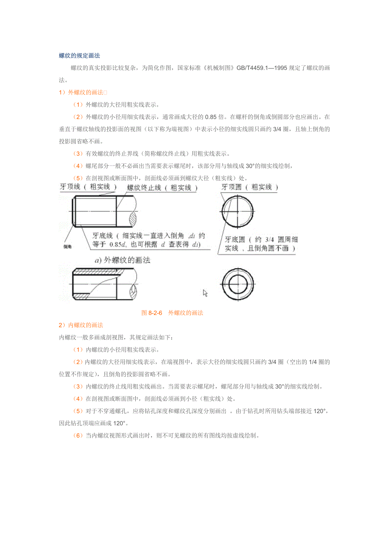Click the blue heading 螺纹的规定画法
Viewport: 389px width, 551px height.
click(x=79, y=55)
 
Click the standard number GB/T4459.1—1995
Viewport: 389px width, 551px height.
click(x=261, y=68)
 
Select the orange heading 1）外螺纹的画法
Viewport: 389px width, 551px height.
click(x=83, y=93)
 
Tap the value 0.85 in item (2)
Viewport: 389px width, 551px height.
click(x=211, y=117)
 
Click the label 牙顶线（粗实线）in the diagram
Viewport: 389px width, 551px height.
click(x=88, y=187)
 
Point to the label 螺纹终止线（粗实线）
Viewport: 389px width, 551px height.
click(x=162, y=188)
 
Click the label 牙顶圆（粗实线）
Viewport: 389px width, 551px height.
click(x=249, y=187)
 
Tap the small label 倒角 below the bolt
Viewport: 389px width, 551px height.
click(x=67, y=246)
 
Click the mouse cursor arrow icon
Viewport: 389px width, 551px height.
click(x=205, y=293)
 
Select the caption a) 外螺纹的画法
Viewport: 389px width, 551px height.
click(x=122, y=260)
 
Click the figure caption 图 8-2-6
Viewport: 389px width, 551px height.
click(x=152, y=313)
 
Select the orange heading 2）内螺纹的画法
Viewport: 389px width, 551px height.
click(x=81, y=325)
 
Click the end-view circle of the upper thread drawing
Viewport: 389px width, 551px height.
click(x=253, y=212)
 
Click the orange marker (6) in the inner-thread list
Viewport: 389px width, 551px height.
click(x=78, y=435)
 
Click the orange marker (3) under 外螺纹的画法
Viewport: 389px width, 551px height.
click(x=78, y=154)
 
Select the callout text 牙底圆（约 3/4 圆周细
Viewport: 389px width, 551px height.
click(x=261, y=240)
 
